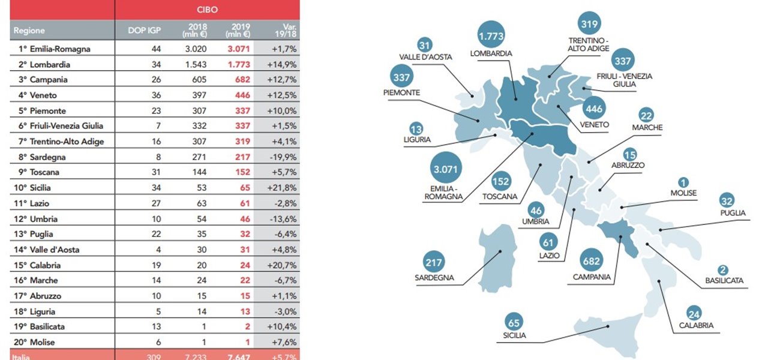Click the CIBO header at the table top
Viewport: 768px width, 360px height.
coord(207,10)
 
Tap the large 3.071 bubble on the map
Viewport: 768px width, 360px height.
coord(444,169)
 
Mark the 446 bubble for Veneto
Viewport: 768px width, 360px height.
coord(593,109)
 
